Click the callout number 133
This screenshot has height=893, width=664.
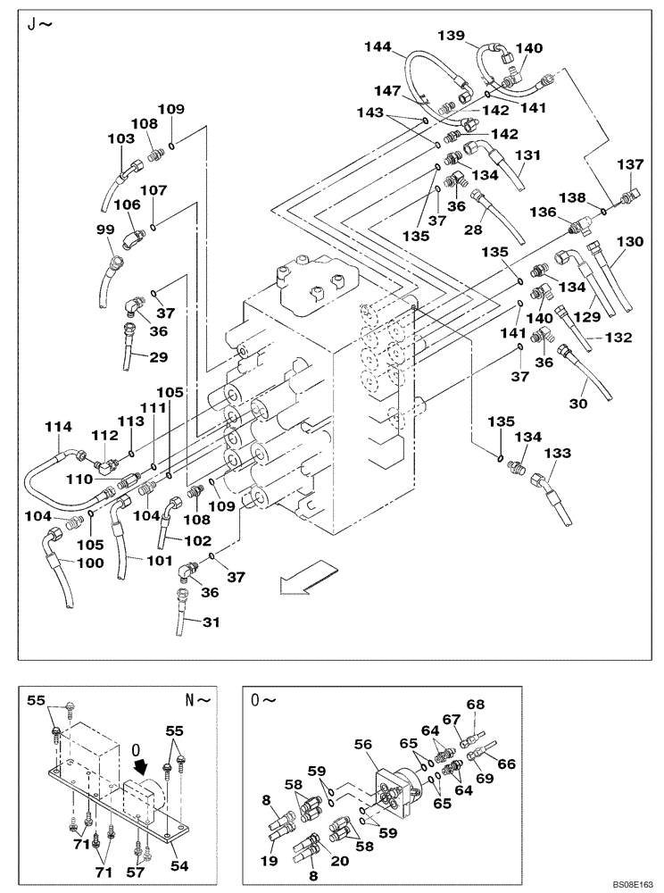[557, 454]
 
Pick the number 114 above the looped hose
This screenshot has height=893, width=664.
[58, 428]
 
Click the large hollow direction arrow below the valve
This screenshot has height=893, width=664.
[303, 580]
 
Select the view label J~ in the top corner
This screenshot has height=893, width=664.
[39, 24]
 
